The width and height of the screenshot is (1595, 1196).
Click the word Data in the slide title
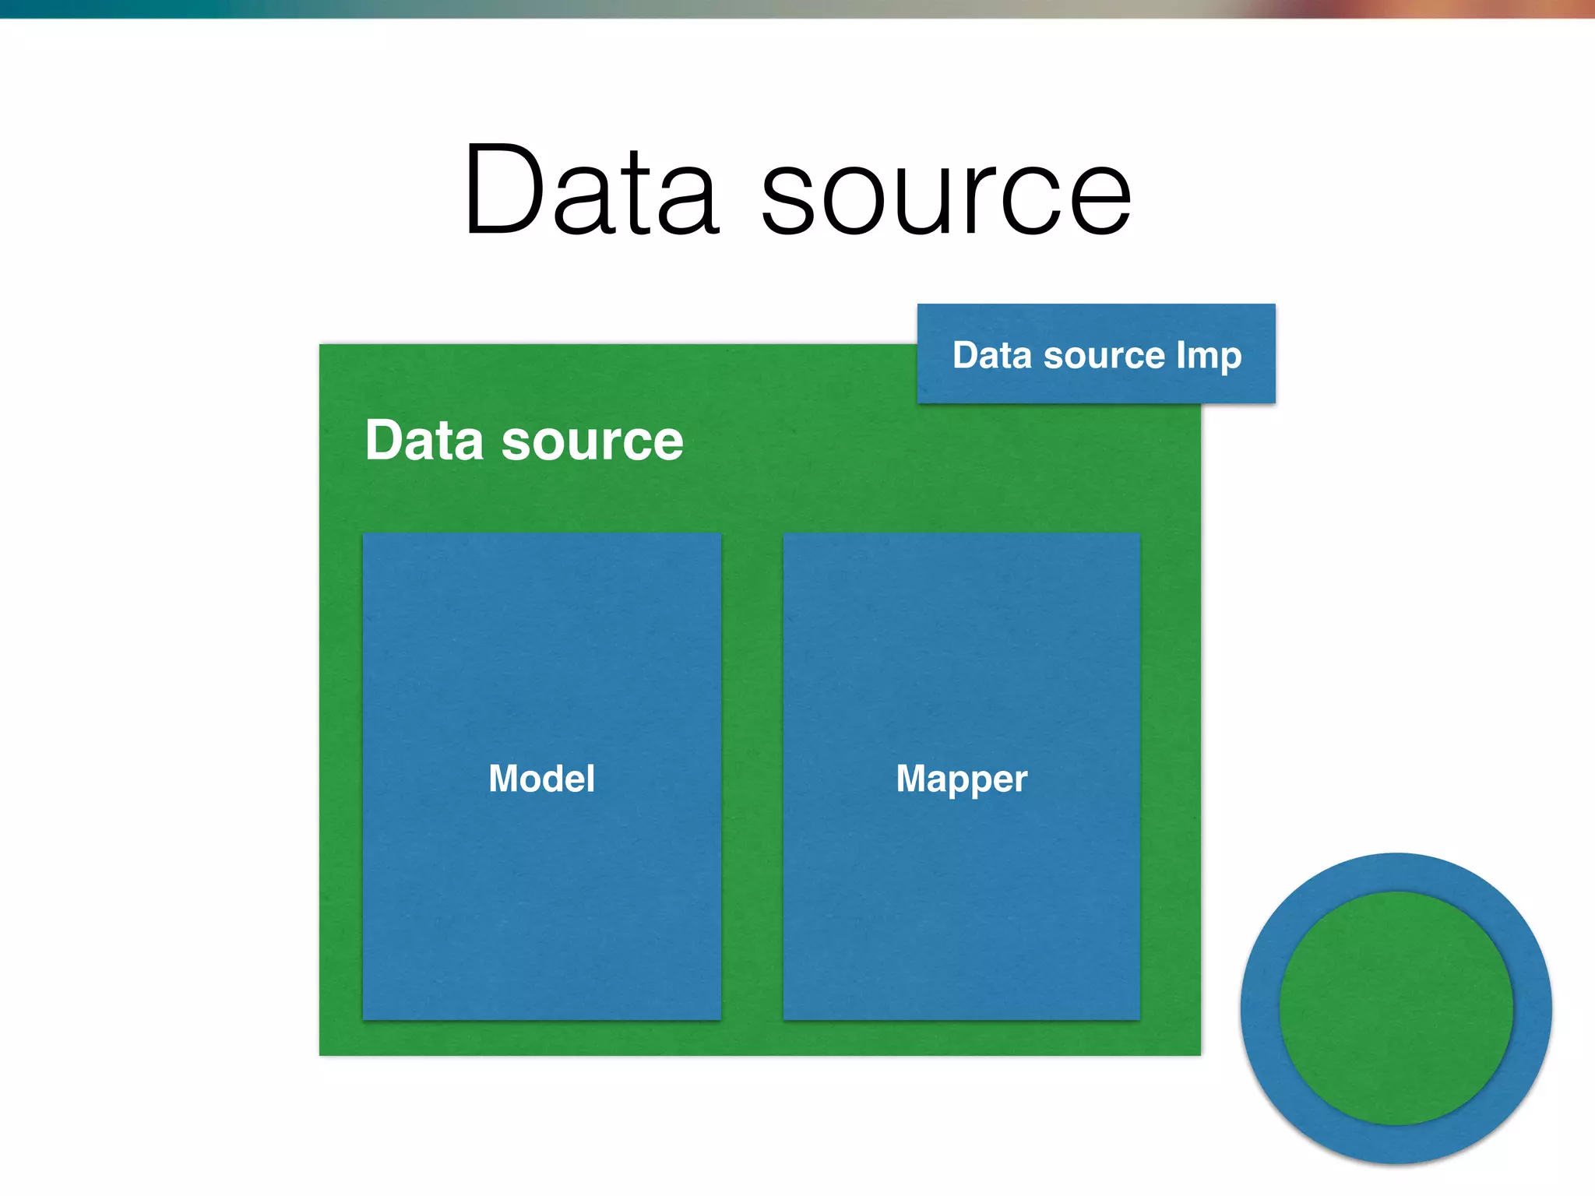590,191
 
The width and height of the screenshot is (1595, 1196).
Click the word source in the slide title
945,195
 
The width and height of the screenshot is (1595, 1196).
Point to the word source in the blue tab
1104,357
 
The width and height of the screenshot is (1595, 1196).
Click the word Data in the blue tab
992,355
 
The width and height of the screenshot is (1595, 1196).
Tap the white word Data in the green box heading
424,441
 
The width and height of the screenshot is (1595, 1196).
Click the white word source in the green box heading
592,442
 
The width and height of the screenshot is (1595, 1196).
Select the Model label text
541,779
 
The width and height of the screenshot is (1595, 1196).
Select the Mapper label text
961,779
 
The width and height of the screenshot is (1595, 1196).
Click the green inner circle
1396,1008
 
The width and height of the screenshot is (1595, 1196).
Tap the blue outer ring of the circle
1396,872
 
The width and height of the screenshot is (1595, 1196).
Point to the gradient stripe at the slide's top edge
797,9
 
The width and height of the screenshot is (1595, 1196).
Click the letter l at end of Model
591,778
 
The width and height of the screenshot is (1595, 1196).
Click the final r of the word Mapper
1022,780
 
